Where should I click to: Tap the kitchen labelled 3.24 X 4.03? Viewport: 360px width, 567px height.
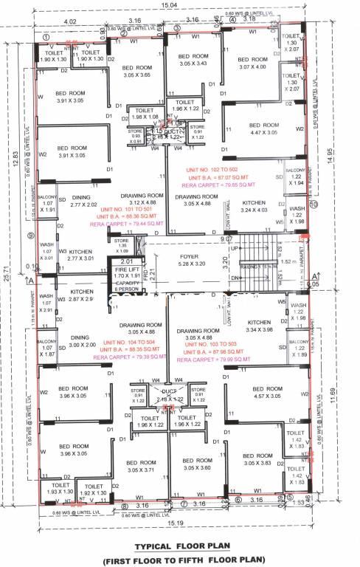pyautogui.click(x=253, y=206)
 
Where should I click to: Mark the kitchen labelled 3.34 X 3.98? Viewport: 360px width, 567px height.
pyautogui.click(x=260, y=326)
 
